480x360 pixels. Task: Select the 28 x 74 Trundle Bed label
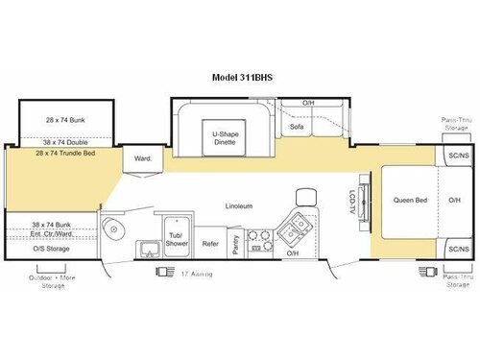tap(66, 153)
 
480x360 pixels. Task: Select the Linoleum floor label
tap(239, 204)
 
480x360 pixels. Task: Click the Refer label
tap(210, 244)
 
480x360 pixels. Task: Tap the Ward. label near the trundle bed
tap(142, 159)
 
